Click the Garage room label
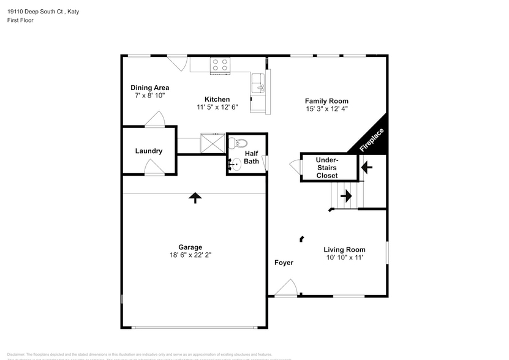(x=190, y=247)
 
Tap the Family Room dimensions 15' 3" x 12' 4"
(x=326, y=109)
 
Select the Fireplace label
(x=372, y=140)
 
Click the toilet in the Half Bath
(x=235, y=143)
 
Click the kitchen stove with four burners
(x=220, y=65)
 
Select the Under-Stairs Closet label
(x=326, y=168)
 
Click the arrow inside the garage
(x=195, y=197)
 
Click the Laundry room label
(x=149, y=151)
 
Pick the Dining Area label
(x=150, y=88)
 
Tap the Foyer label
(x=284, y=263)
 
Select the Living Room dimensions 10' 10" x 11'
(x=344, y=258)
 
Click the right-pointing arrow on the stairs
(x=345, y=196)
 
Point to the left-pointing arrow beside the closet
(x=368, y=166)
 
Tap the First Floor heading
(x=20, y=20)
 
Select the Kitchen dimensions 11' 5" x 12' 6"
(x=217, y=107)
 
